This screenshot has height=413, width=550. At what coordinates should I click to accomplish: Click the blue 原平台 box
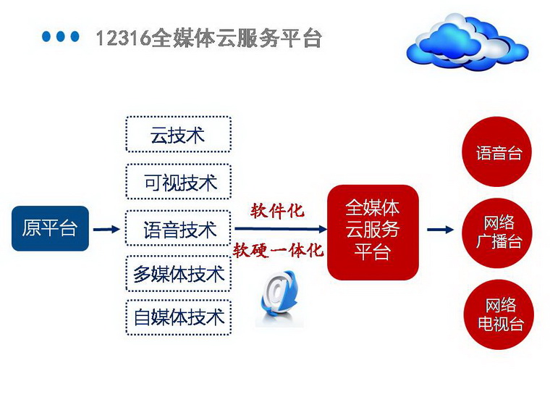pyautogui.click(x=50, y=228)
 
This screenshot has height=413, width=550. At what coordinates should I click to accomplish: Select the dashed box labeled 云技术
pyautogui.click(x=178, y=135)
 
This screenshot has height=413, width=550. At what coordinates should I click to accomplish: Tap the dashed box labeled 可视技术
pyautogui.click(x=178, y=182)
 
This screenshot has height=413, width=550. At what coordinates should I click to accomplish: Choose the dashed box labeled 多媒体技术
pyautogui.click(x=178, y=274)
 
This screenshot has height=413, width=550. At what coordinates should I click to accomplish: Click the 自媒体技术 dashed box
pyautogui.click(x=178, y=317)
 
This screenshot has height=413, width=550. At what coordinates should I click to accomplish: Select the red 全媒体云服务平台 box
pyautogui.click(x=373, y=231)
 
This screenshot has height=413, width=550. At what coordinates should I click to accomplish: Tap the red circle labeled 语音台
pyautogui.click(x=498, y=153)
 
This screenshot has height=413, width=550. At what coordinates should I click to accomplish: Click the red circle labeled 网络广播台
pyautogui.click(x=498, y=232)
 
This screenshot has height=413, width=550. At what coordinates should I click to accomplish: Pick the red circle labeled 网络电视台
pyautogui.click(x=498, y=314)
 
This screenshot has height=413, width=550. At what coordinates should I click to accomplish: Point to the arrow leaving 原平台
pyautogui.click(x=106, y=230)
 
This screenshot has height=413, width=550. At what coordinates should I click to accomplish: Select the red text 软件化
pyautogui.click(x=277, y=211)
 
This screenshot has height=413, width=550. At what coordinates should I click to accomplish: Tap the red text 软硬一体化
pyautogui.click(x=277, y=251)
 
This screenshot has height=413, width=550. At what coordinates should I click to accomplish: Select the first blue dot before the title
pyautogui.click(x=47, y=37)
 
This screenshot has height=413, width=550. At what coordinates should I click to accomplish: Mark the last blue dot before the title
pyautogui.click(x=75, y=37)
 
